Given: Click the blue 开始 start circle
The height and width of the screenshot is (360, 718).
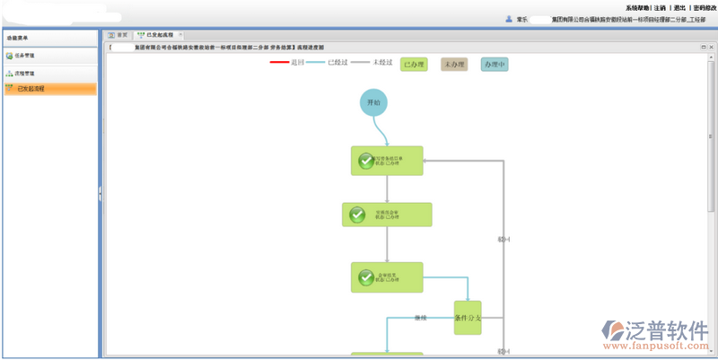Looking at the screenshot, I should (374, 103).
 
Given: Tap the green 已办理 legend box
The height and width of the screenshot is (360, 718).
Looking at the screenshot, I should (414, 65).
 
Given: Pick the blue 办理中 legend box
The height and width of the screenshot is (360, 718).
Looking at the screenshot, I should (495, 65).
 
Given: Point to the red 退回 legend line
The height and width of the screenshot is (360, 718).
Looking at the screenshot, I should (279, 63).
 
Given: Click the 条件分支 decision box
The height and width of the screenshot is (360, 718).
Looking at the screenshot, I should (468, 318).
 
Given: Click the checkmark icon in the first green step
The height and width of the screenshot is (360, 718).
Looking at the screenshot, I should (366, 161).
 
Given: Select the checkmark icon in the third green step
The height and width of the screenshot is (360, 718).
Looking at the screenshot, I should (366, 277).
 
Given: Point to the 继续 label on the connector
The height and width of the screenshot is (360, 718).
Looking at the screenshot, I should (421, 317).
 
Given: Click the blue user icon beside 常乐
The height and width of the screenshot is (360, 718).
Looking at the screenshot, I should (509, 19).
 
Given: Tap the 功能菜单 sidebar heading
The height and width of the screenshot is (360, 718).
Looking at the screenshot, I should (17, 38).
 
